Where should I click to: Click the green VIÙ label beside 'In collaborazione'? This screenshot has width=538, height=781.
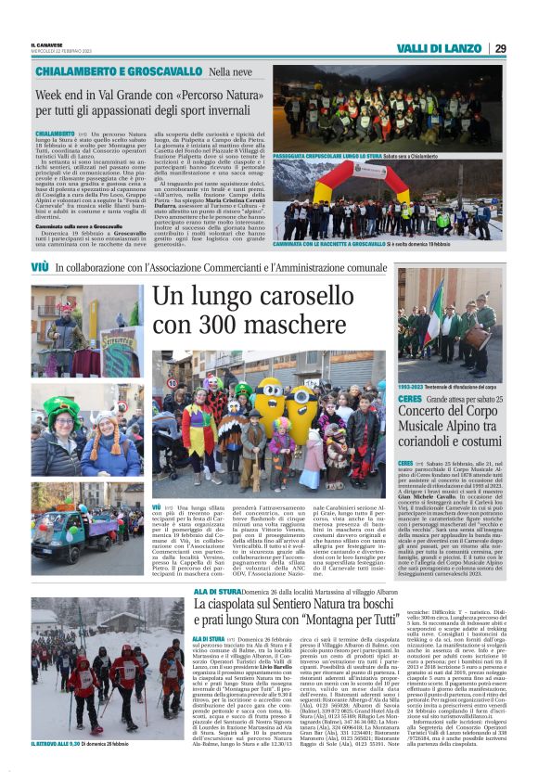[x=39, y=267]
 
